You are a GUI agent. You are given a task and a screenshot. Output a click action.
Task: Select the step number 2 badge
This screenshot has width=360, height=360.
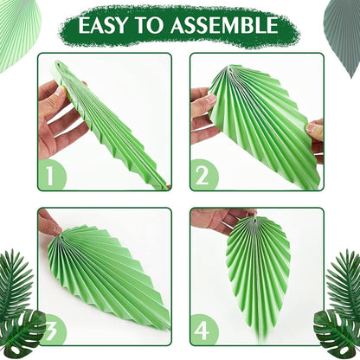click(204, 176)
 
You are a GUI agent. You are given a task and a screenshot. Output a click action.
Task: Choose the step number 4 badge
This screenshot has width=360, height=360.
click(204, 331)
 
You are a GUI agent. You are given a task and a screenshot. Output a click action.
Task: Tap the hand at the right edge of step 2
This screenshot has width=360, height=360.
click(316, 138)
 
